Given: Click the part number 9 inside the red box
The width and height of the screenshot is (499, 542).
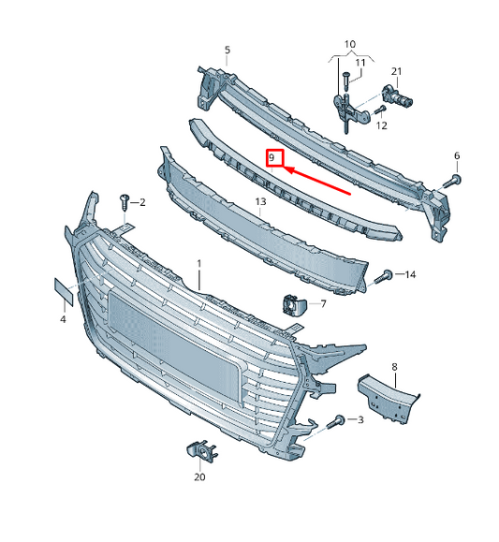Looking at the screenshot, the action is coord(272,158).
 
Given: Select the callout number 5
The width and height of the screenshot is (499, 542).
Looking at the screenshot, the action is coord(227,50).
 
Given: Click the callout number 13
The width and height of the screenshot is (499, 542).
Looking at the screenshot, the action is coord(261,201).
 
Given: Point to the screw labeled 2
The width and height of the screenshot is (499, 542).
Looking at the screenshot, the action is coord(125,201).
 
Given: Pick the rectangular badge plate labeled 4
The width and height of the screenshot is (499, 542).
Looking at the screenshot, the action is coord(64,292).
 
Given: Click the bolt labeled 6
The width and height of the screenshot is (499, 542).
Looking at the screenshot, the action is coord(451,181).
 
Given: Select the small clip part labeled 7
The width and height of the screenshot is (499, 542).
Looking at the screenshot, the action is coord(294,304).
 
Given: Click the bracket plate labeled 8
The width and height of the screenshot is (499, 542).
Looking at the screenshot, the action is coord(388,399).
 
